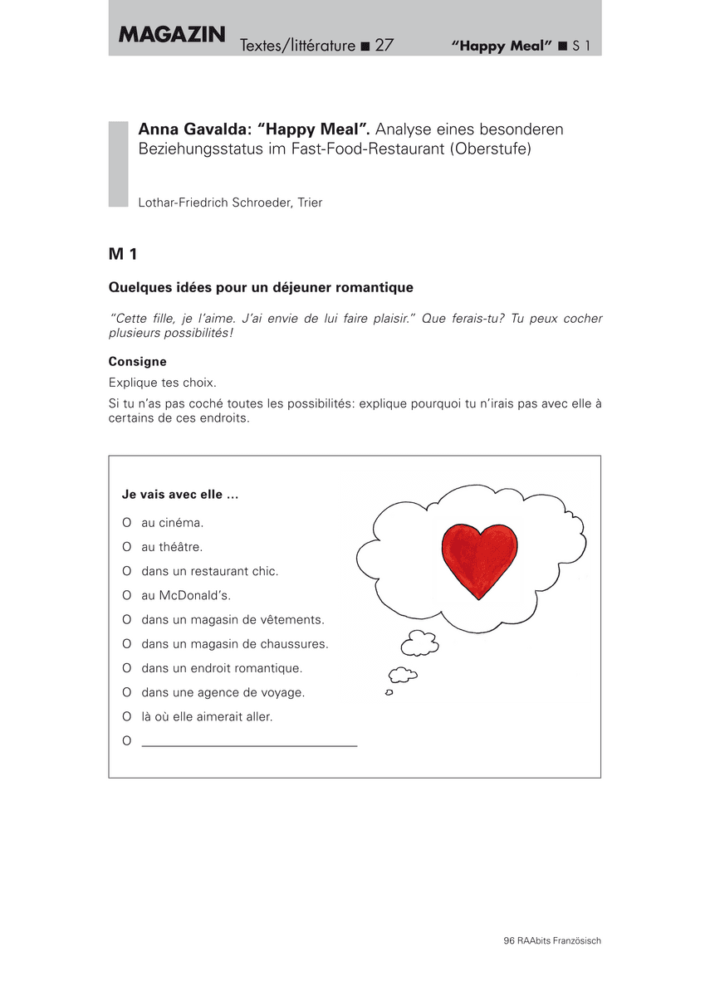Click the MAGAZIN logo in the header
172,35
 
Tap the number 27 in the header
384,46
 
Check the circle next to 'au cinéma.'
127,523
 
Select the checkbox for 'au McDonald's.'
127,595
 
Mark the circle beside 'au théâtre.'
127,547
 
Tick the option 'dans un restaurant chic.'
127,571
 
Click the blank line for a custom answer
249,745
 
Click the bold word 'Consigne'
138,362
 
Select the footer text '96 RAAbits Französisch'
551,940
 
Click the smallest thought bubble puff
389,692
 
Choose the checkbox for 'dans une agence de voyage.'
127,692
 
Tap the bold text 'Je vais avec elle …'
180,495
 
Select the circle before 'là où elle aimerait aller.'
127,716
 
